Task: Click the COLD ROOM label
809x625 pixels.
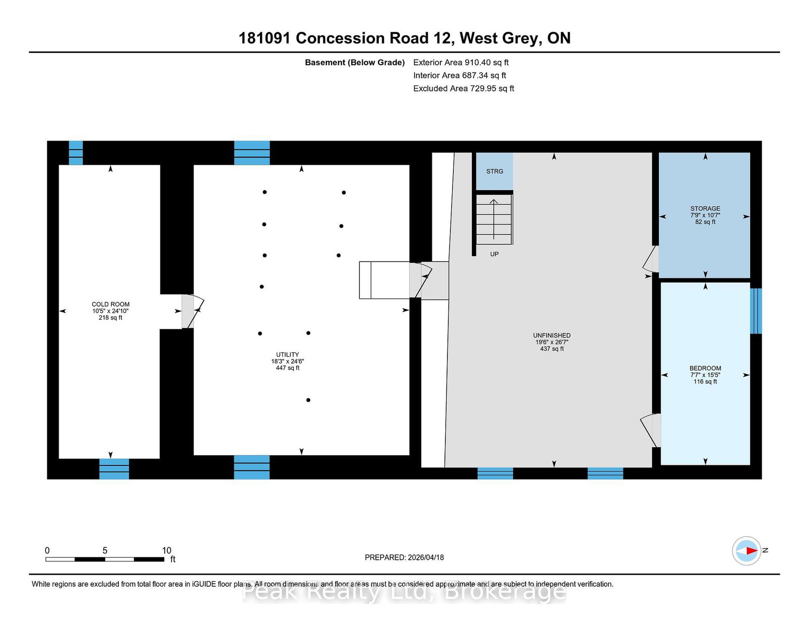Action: tap(111, 304)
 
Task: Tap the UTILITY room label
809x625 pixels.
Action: tap(287, 355)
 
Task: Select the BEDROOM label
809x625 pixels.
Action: tap(705, 368)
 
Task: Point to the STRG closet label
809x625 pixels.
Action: tap(495, 171)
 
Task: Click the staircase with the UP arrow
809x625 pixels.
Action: tap(494, 219)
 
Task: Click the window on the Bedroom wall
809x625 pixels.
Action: tap(756, 311)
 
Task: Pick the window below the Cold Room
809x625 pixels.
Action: tap(114, 469)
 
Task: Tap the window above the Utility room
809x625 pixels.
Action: tap(252, 153)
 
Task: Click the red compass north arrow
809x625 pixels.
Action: tap(752, 551)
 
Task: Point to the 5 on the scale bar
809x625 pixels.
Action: tap(105, 550)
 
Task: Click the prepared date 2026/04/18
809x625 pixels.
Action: tap(426, 557)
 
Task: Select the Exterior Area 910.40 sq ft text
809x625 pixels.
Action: tap(461, 63)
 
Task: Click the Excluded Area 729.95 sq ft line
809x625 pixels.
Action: tap(464, 88)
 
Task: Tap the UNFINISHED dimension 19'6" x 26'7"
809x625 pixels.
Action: tap(552, 342)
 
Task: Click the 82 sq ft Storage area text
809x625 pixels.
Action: tap(705, 222)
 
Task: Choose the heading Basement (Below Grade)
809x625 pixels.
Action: tap(354, 63)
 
